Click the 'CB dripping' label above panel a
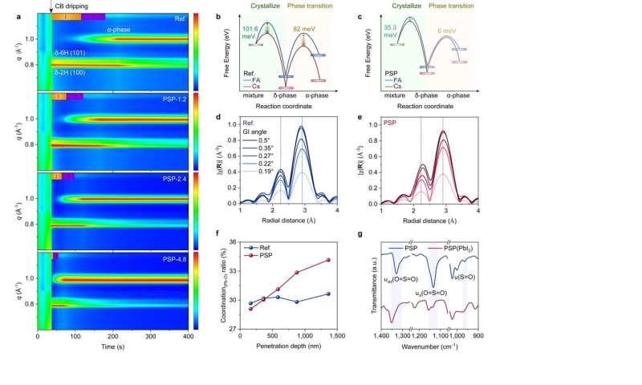pyautogui.click(x=75, y=5)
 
